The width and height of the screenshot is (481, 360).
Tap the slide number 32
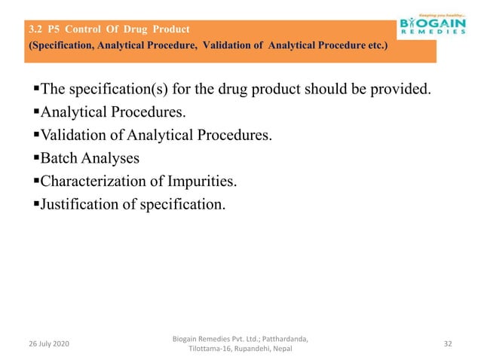point(448,343)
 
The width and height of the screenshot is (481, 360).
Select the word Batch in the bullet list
point(58,159)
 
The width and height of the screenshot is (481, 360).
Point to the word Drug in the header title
point(136,30)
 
